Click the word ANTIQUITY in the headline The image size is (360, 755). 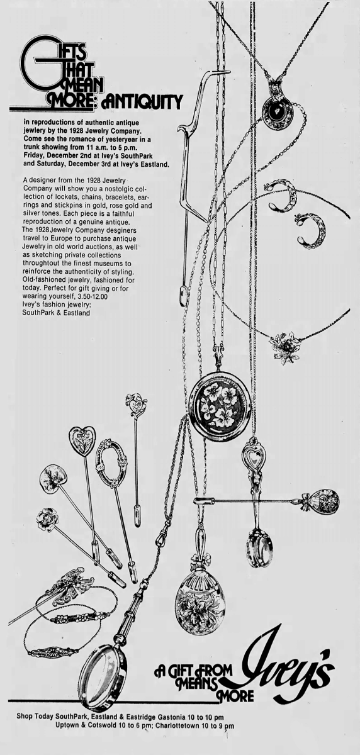(x=142, y=99)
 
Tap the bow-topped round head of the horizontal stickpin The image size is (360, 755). (x=322, y=500)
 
